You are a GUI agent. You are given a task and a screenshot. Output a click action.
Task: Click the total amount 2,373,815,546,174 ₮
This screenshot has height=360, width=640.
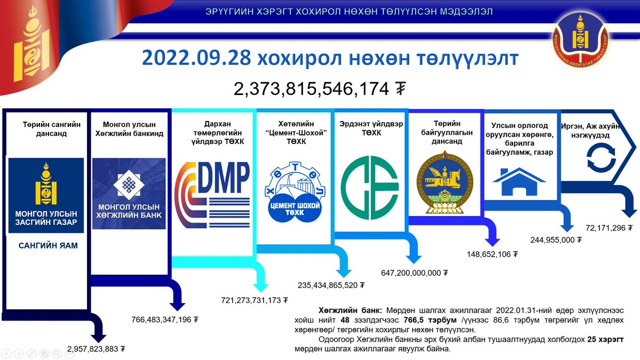click(x=320, y=89)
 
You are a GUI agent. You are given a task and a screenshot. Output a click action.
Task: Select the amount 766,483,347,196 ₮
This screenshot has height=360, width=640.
click(x=165, y=320)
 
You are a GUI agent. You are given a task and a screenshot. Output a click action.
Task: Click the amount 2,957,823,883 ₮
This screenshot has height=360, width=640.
click(x=96, y=349)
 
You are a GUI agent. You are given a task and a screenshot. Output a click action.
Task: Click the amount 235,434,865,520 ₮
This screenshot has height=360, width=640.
click(x=331, y=285)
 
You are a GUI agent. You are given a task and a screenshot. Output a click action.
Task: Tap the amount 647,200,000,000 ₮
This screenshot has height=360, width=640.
click(x=414, y=273)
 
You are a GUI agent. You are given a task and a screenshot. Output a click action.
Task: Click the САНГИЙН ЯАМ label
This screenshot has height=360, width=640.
click(x=48, y=246)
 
